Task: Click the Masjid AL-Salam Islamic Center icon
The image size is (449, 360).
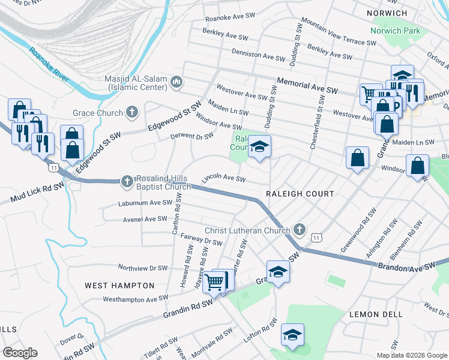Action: coord(176,82)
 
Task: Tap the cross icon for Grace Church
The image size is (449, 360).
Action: coord(131,113)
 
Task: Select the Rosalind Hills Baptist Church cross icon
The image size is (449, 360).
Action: coord(127,181)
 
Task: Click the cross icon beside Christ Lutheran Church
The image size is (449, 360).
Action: coord(299,230)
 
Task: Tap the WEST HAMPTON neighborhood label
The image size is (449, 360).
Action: coord(119,286)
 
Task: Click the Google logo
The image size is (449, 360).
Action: coord(20,353)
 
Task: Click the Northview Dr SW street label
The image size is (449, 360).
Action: coord(142,268)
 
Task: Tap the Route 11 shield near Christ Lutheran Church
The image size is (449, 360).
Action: coord(316,238)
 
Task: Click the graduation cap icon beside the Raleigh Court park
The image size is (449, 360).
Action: coord(259,146)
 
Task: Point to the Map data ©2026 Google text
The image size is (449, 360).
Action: coord(411,355)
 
